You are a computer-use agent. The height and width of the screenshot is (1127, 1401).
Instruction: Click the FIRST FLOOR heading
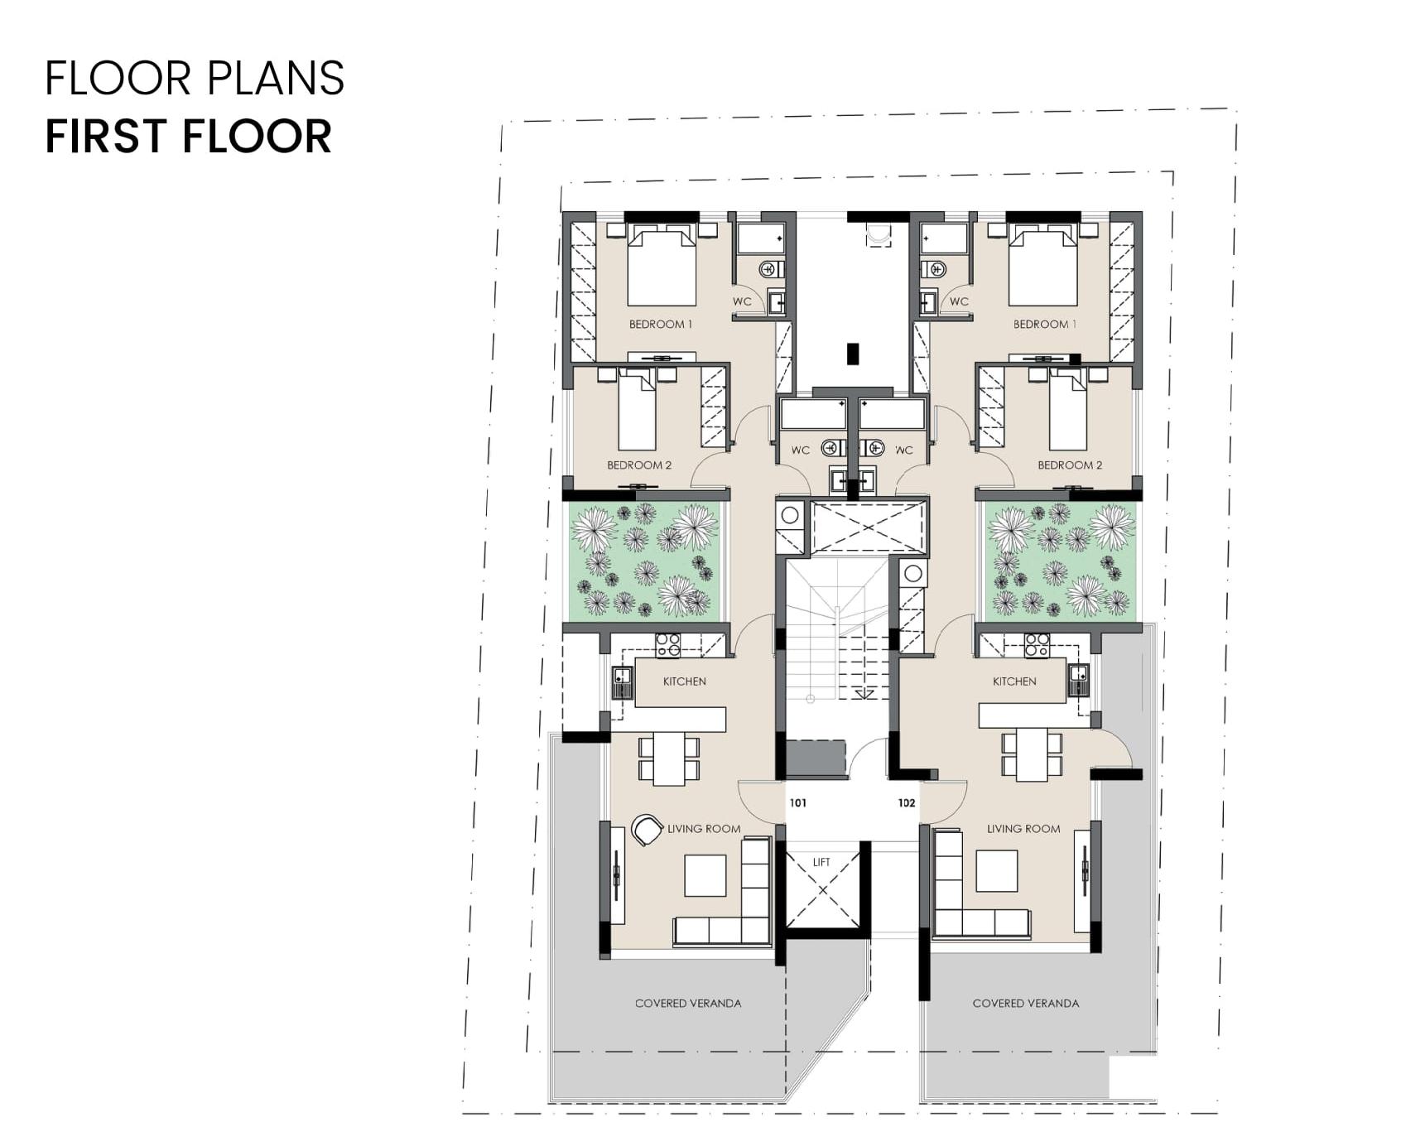(189, 137)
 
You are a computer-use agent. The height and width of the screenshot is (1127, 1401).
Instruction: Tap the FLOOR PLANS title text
(195, 78)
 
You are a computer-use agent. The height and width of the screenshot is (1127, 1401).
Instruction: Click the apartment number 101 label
(798, 802)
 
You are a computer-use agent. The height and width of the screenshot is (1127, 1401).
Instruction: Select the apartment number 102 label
(907, 802)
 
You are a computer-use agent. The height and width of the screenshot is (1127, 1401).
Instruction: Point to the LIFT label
(821, 862)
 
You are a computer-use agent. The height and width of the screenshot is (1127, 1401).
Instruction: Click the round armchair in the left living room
(647, 829)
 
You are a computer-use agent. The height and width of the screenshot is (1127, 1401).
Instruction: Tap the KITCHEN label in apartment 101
(685, 681)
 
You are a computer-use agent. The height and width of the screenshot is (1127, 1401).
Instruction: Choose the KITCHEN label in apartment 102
(1014, 681)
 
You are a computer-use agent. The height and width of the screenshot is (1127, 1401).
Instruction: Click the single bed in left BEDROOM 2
(638, 410)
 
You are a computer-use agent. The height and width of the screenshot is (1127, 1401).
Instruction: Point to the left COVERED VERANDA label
(688, 1003)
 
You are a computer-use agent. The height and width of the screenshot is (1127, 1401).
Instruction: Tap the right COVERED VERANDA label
(1026, 1003)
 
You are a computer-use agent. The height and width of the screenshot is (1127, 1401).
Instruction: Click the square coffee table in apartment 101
(705, 875)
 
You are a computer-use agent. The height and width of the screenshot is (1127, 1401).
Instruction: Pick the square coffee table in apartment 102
(996, 870)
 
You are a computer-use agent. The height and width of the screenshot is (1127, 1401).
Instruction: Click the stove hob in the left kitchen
(668, 645)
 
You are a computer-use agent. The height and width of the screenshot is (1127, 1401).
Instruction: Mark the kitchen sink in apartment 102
(1078, 680)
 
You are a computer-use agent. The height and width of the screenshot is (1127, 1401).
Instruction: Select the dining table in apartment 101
(669, 759)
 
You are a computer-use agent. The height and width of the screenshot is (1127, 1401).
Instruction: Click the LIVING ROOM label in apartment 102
(1023, 829)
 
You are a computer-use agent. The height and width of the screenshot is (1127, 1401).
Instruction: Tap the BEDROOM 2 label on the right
(1070, 465)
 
